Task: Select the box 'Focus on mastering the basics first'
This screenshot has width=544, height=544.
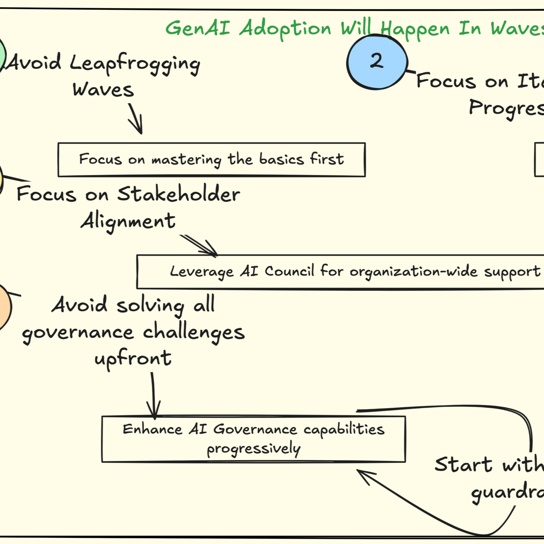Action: (x=211, y=160)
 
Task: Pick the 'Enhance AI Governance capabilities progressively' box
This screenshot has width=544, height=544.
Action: (x=254, y=439)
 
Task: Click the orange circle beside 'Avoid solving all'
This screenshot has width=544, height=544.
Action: (x=3, y=307)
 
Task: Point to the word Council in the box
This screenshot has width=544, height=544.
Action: (x=289, y=271)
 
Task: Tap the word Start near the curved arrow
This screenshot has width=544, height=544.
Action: (x=463, y=464)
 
